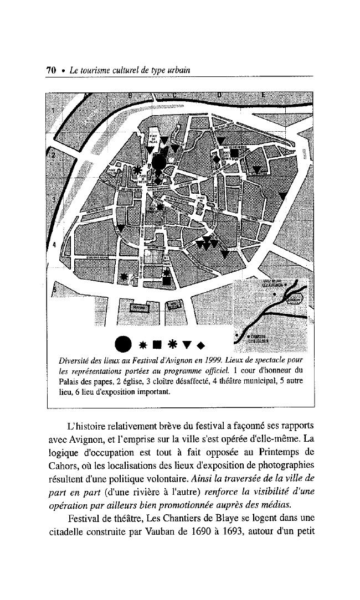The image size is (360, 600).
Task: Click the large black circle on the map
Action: point(159,162)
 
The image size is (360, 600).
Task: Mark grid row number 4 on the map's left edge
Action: point(54,244)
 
